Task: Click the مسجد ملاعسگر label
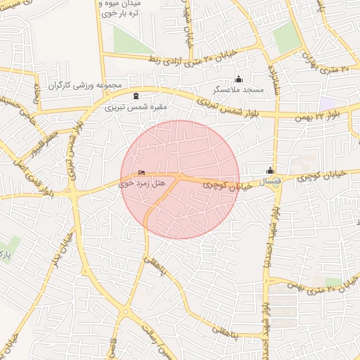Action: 238,91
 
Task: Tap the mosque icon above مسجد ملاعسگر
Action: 238,79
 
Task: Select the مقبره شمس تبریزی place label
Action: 136,108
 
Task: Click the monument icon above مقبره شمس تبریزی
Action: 136,96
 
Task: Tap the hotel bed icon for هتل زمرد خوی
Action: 142,172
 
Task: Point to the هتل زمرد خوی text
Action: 141,183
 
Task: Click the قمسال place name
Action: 271,181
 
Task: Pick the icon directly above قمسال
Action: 270,170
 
